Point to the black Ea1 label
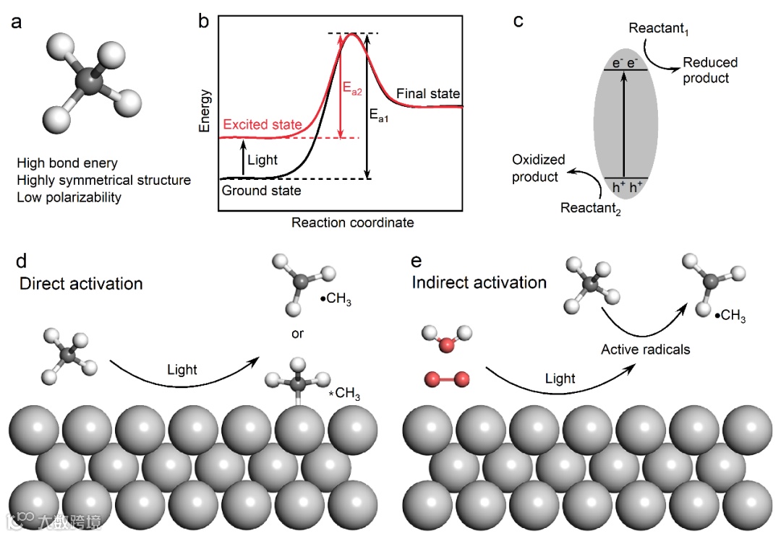[x=379, y=115]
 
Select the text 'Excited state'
[x=263, y=125]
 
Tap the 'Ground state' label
[x=261, y=191]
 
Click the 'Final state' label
[x=428, y=95]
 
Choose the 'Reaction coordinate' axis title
[x=353, y=222]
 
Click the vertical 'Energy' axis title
[x=206, y=111]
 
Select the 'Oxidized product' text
[x=539, y=168]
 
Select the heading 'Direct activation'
[x=81, y=283]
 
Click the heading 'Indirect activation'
[x=479, y=282]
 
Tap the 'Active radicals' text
[x=646, y=350]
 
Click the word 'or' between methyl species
[x=297, y=334]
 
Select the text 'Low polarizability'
[x=69, y=196]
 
